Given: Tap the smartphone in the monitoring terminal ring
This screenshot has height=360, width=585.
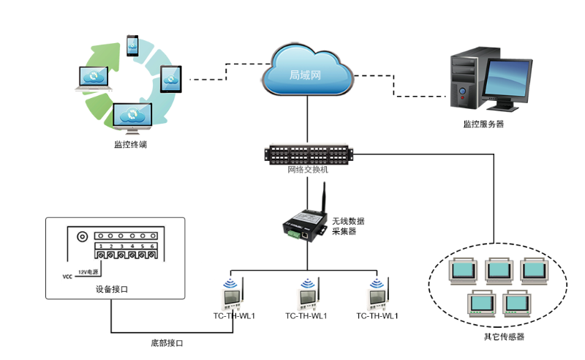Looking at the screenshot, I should (x=132, y=45).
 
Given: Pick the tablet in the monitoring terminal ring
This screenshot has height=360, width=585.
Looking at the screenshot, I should (x=170, y=76).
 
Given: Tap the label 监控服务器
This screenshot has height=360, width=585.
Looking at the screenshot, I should (x=483, y=124).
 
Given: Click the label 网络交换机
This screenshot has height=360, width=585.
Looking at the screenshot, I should (x=308, y=169).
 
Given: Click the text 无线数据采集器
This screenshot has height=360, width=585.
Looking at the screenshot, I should (x=348, y=226).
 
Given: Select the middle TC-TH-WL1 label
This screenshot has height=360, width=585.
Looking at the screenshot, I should (x=306, y=316).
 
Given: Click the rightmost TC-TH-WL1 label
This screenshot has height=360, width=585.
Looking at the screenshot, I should (x=377, y=316).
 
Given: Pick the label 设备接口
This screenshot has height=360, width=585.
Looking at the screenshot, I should (x=112, y=289).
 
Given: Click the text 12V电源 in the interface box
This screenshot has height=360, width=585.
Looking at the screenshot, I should (x=88, y=271).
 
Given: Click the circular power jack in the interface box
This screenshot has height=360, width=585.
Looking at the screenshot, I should (x=83, y=237).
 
